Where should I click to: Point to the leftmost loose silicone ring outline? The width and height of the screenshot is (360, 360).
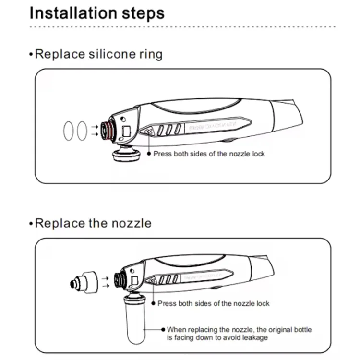click(x=69, y=131)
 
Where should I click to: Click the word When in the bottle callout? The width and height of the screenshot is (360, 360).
click(x=175, y=330)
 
